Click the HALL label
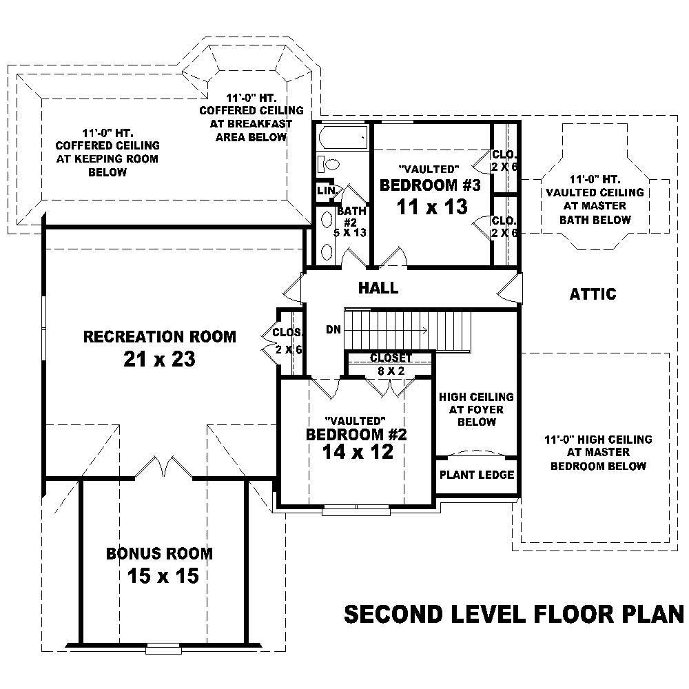[x=378, y=287]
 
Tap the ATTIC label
[x=593, y=294]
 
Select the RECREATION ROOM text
[x=159, y=337]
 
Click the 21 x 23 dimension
[x=159, y=359]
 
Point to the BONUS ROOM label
[x=159, y=553]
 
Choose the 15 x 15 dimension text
[x=163, y=575]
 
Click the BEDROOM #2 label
[x=356, y=435]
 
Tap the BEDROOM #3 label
[x=430, y=185]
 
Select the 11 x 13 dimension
[x=432, y=207]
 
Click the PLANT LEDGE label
[x=477, y=475]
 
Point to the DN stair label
[x=334, y=329]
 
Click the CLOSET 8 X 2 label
[x=391, y=364]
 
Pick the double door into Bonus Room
[x=160, y=469]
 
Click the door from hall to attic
[x=511, y=288]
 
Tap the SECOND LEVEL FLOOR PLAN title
[x=513, y=613]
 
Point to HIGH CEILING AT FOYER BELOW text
[x=476, y=409]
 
